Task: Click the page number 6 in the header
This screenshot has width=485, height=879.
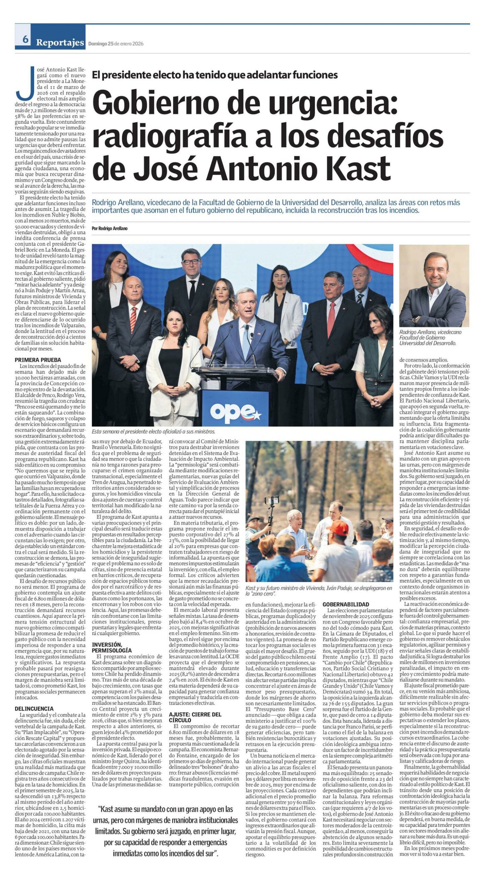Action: [25, 40]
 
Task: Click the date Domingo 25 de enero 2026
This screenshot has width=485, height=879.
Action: [116, 44]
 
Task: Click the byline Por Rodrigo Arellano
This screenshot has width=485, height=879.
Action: [110, 228]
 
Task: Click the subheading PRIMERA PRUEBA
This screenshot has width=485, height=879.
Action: [38, 360]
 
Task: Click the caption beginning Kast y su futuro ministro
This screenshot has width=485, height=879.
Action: [319, 591]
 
